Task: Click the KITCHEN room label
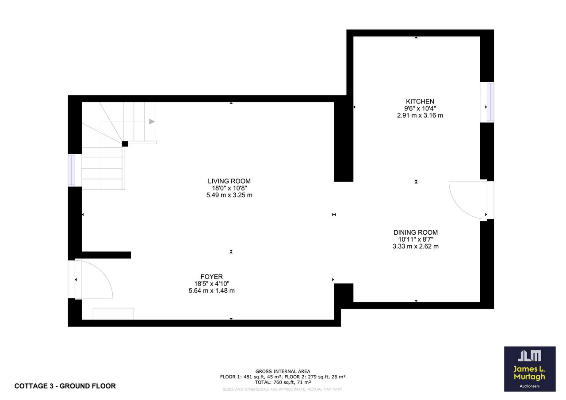coord(420,102)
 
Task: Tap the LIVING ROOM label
coord(229,181)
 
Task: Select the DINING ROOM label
coord(416,232)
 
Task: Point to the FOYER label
coord(212,277)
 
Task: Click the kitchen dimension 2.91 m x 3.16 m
coord(420,115)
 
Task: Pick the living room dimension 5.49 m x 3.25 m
coord(229,195)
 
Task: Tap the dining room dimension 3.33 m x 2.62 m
coord(416,246)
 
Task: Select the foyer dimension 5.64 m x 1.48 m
coord(212,291)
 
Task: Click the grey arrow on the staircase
coord(152,122)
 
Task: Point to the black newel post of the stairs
coord(125,144)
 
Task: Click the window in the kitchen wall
coord(487,102)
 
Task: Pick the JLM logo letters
coord(529,355)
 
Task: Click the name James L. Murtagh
coord(529,373)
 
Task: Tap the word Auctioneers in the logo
coord(530,386)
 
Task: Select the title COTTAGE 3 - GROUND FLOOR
coord(65,386)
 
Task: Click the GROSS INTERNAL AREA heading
coord(283,371)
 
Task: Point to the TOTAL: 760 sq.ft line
coord(283,382)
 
